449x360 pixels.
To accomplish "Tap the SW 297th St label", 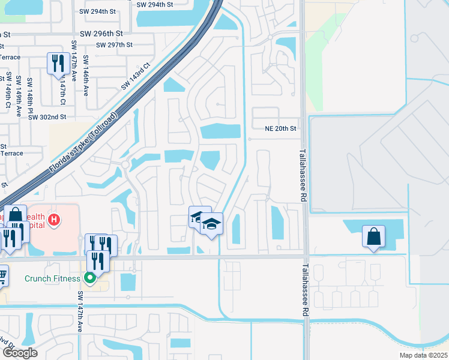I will pyautogui.click(x=113, y=45).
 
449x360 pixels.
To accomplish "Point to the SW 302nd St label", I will pyautogui.click(x=47, y=117).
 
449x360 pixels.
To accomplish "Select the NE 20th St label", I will pyautogui.click(x=281, y=128).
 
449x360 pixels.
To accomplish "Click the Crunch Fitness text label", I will pyautogui.click(x=52, y=278).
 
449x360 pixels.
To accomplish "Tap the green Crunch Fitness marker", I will pyautogui.click(x=90, y=278).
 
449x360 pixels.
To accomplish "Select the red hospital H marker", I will pyautogui.click(x=54, y=220).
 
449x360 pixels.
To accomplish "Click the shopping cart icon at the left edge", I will pyautogui.click(x=3, y=275).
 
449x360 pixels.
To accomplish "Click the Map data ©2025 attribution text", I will pyautogui.click(x=423, y=355).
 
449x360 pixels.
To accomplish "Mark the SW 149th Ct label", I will pyautogui.click(x=8, y=91).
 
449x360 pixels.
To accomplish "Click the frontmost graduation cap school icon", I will pyautogui.click(x=211, y=224).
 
